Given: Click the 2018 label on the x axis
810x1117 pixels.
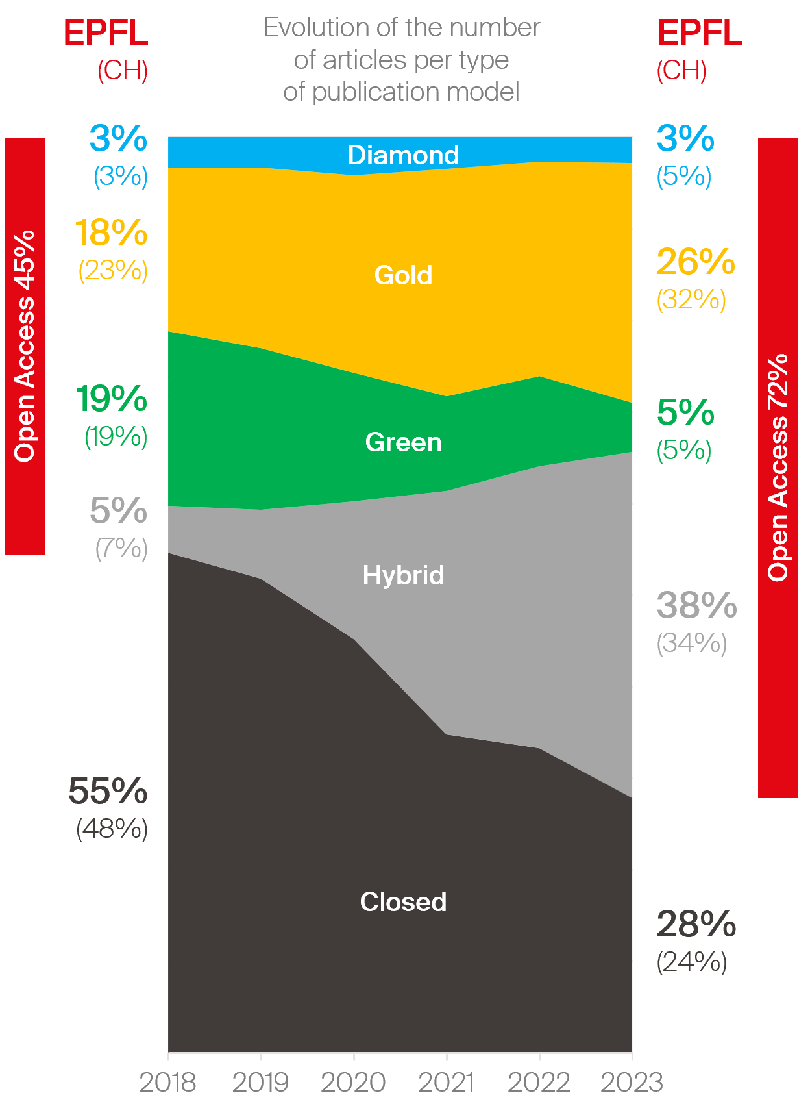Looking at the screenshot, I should coord(167,1083).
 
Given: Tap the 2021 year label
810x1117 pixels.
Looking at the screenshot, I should coord(446,1083).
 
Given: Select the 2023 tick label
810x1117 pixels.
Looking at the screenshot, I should coord(632,1083).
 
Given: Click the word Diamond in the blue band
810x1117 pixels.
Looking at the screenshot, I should coord(403,155).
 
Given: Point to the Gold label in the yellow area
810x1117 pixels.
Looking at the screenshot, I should coord(403,275).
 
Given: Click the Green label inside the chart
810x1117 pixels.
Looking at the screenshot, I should coord(403,442).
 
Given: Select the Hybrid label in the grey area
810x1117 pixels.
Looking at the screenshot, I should coord(403,575).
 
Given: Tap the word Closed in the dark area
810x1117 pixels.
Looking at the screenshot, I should coord(403,902).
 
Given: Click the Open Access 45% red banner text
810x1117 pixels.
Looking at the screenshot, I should coord(25,345).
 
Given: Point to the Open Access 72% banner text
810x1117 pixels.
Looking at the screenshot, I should coord(778,468).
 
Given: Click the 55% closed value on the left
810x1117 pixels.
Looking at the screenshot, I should coord(108,791).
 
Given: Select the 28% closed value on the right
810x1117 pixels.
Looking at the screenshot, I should coord(696,924).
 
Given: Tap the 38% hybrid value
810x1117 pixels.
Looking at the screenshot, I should coord(696,605).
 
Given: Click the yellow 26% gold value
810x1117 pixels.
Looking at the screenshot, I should coord(695,262).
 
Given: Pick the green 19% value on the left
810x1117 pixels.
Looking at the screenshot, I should coord(111,399).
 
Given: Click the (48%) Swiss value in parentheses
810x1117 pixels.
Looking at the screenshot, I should coord(112,829).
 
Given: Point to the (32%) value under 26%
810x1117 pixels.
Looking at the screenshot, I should coord(691,300).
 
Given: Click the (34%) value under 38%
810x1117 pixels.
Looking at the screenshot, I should coord(691,644).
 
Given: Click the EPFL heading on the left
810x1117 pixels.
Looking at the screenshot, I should coord(106,33).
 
